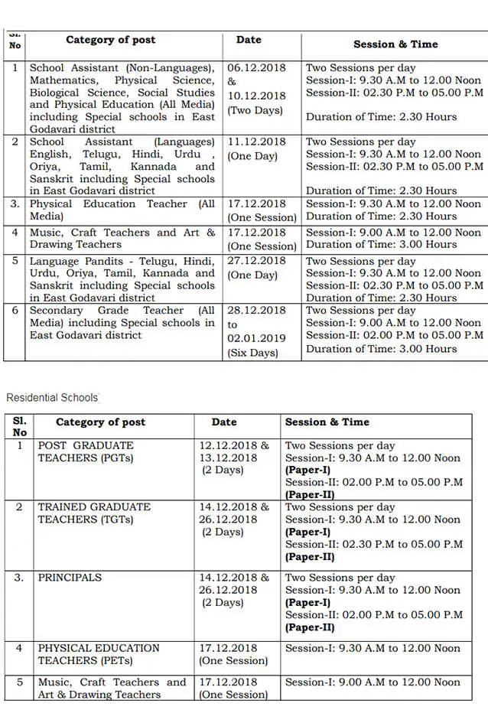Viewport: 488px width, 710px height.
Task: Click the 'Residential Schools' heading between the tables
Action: (52, 398)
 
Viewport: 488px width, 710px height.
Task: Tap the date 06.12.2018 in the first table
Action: (256, 67)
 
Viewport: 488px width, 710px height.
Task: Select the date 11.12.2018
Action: (256, 142)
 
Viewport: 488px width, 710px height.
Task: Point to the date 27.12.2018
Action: (256, 261)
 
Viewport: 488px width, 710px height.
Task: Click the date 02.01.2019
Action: (256, 338)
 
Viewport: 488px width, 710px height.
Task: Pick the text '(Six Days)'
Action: (253, 353)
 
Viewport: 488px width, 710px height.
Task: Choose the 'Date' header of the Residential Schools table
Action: (224, 422)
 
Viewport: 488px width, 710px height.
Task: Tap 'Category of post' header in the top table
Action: (111, 40)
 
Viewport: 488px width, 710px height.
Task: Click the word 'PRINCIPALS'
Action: (70, 578)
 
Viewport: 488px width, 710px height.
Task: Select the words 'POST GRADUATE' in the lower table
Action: (86, 445)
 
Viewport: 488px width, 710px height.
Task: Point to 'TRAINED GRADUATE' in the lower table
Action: (95, 507)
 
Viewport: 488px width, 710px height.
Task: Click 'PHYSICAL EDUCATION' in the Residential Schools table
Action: (99, 648)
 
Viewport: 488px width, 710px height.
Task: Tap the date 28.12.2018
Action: (256, 311)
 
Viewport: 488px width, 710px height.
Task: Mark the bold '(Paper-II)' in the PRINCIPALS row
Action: (310, 627)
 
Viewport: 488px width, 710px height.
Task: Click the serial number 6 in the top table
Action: (15, 311)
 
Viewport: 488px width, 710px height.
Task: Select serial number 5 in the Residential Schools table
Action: (20, 682)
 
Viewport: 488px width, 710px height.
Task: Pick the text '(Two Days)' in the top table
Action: (255, 110)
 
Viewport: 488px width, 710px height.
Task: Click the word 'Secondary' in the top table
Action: (57, 311)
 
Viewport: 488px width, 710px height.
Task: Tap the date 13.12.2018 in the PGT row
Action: (228, 458)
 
